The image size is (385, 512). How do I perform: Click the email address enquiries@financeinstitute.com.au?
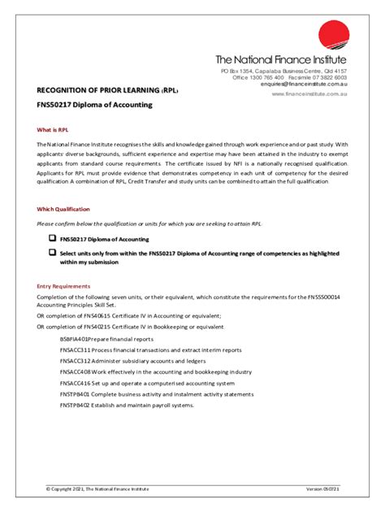point(304,84)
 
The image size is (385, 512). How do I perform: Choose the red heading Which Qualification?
point(63,209)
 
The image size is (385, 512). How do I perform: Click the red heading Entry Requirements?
point(63,286)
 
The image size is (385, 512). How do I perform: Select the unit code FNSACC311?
point(75,349)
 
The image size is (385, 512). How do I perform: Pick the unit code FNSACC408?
point(75,371)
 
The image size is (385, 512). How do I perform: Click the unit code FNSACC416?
point(75,383)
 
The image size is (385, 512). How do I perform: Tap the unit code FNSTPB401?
point(75,394)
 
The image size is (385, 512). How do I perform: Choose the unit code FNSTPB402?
point(75,405)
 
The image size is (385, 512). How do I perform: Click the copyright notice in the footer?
point(97,488)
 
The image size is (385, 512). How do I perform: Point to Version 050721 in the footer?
point(322,488)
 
